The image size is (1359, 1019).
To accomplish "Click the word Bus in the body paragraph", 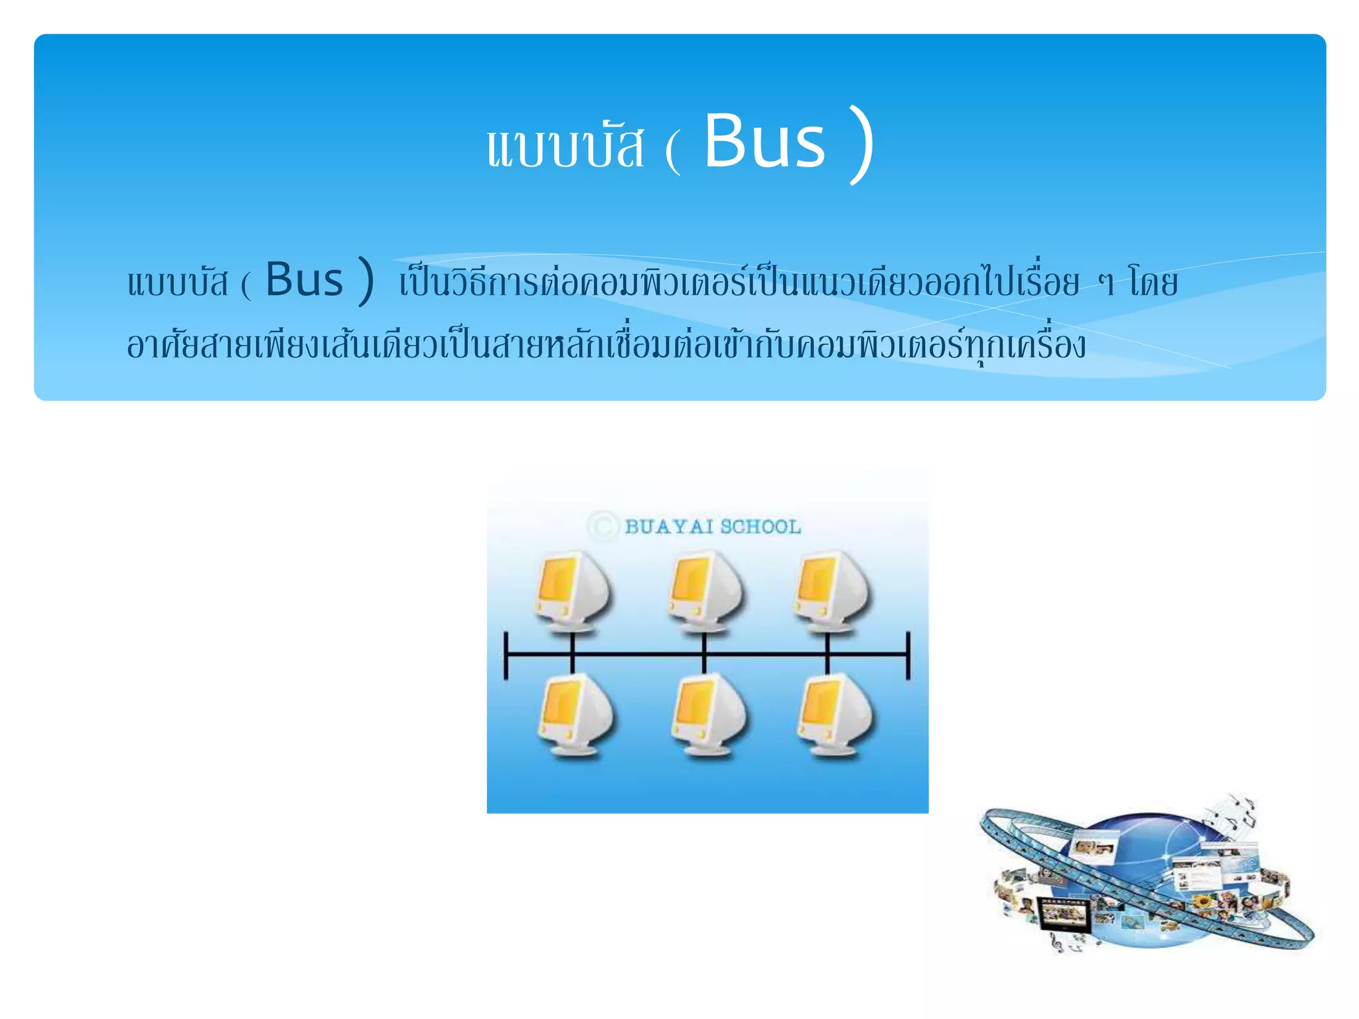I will pyautogui.click(x=305, y=280).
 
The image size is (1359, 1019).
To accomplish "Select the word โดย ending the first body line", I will pyautogui.click(x=1153, y=283).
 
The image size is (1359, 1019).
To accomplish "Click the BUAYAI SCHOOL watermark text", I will pyautogui.click(x=713, y=527).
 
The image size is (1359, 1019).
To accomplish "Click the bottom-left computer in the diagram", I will pyautogui.click(x=575, y=714).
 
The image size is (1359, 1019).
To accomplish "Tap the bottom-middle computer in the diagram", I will pyautogui.click(x=707, y=714).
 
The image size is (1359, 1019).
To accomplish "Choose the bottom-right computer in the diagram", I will pyautogui.click(x=833, y=714).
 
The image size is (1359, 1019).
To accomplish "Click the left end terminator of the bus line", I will pyautogui.click(x=506, y=655).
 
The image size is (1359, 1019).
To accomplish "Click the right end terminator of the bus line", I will pyautogui.click(x=908, y=655).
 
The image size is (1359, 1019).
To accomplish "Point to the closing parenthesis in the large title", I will pyautogui.click(x=861, y=145).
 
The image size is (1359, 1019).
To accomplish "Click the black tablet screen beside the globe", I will pyautogui.click(x=1063, y=916).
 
